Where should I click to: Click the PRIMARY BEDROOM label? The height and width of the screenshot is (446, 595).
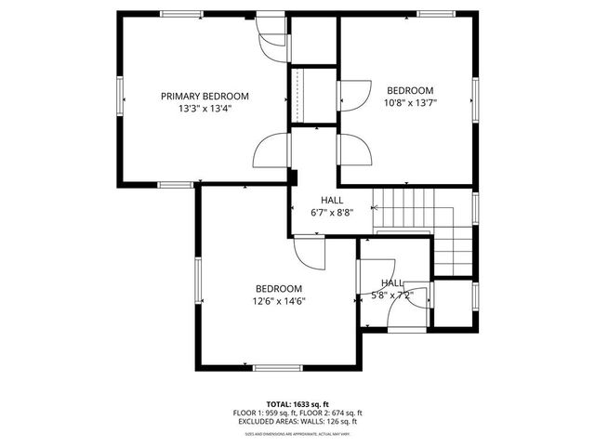pyautogui.click(x=205, y=96)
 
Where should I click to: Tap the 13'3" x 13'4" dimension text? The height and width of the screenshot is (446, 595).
pyautogui.click(x=205, y=108)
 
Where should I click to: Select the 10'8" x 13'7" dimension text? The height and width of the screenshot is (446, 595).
pyautogui.click(x=410, y=102)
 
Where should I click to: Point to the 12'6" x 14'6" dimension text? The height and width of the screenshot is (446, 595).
pyautogui.click(x=279, y=300)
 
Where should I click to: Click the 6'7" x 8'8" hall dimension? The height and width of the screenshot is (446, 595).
pyautogui.click(x=332, y=212)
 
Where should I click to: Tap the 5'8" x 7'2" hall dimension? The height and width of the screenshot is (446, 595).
pyautogui.click(x=392, y=295)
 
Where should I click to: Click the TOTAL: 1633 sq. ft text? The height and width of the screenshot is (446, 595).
pyautogui.click(x=297, y=402)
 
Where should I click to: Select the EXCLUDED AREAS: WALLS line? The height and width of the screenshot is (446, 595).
pyautogui.click(x=297, y=421)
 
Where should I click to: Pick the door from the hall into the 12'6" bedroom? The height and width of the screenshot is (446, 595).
pyautogui.click(x=308, y=250)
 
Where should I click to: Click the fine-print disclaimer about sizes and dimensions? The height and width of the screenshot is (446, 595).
pyautogui.click(x=297, y=434)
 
